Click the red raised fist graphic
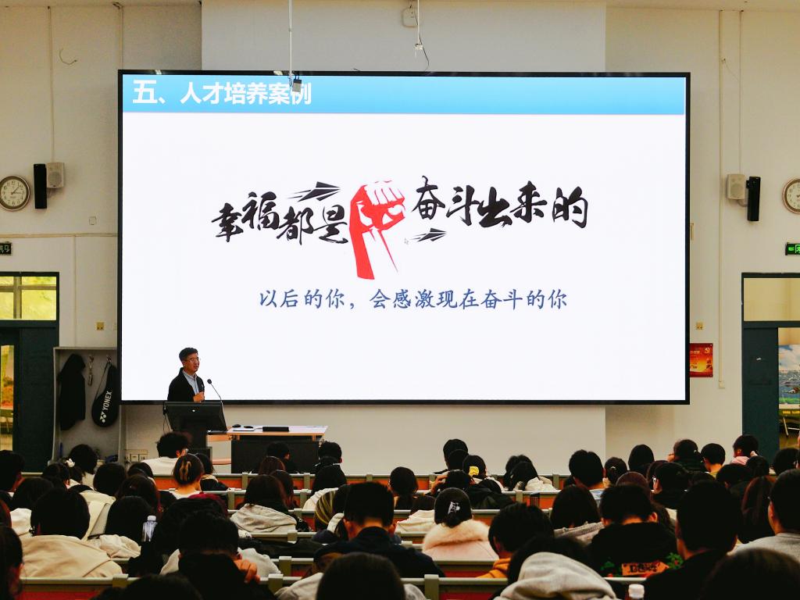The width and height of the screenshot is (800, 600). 377,227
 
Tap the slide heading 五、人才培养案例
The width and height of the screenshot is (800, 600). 221,94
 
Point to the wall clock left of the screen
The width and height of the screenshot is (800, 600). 14,193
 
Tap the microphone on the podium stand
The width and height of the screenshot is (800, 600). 214,389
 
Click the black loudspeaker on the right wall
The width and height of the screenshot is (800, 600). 754,198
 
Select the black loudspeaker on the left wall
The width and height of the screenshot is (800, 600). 41,186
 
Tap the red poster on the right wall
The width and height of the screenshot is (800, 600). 701,359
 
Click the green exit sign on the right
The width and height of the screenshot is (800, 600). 792,249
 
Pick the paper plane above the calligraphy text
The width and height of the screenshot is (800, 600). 317,191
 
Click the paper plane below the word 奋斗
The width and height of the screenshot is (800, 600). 429,234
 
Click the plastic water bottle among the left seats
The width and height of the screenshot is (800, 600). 149,528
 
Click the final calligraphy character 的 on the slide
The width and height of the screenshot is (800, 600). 570,206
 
